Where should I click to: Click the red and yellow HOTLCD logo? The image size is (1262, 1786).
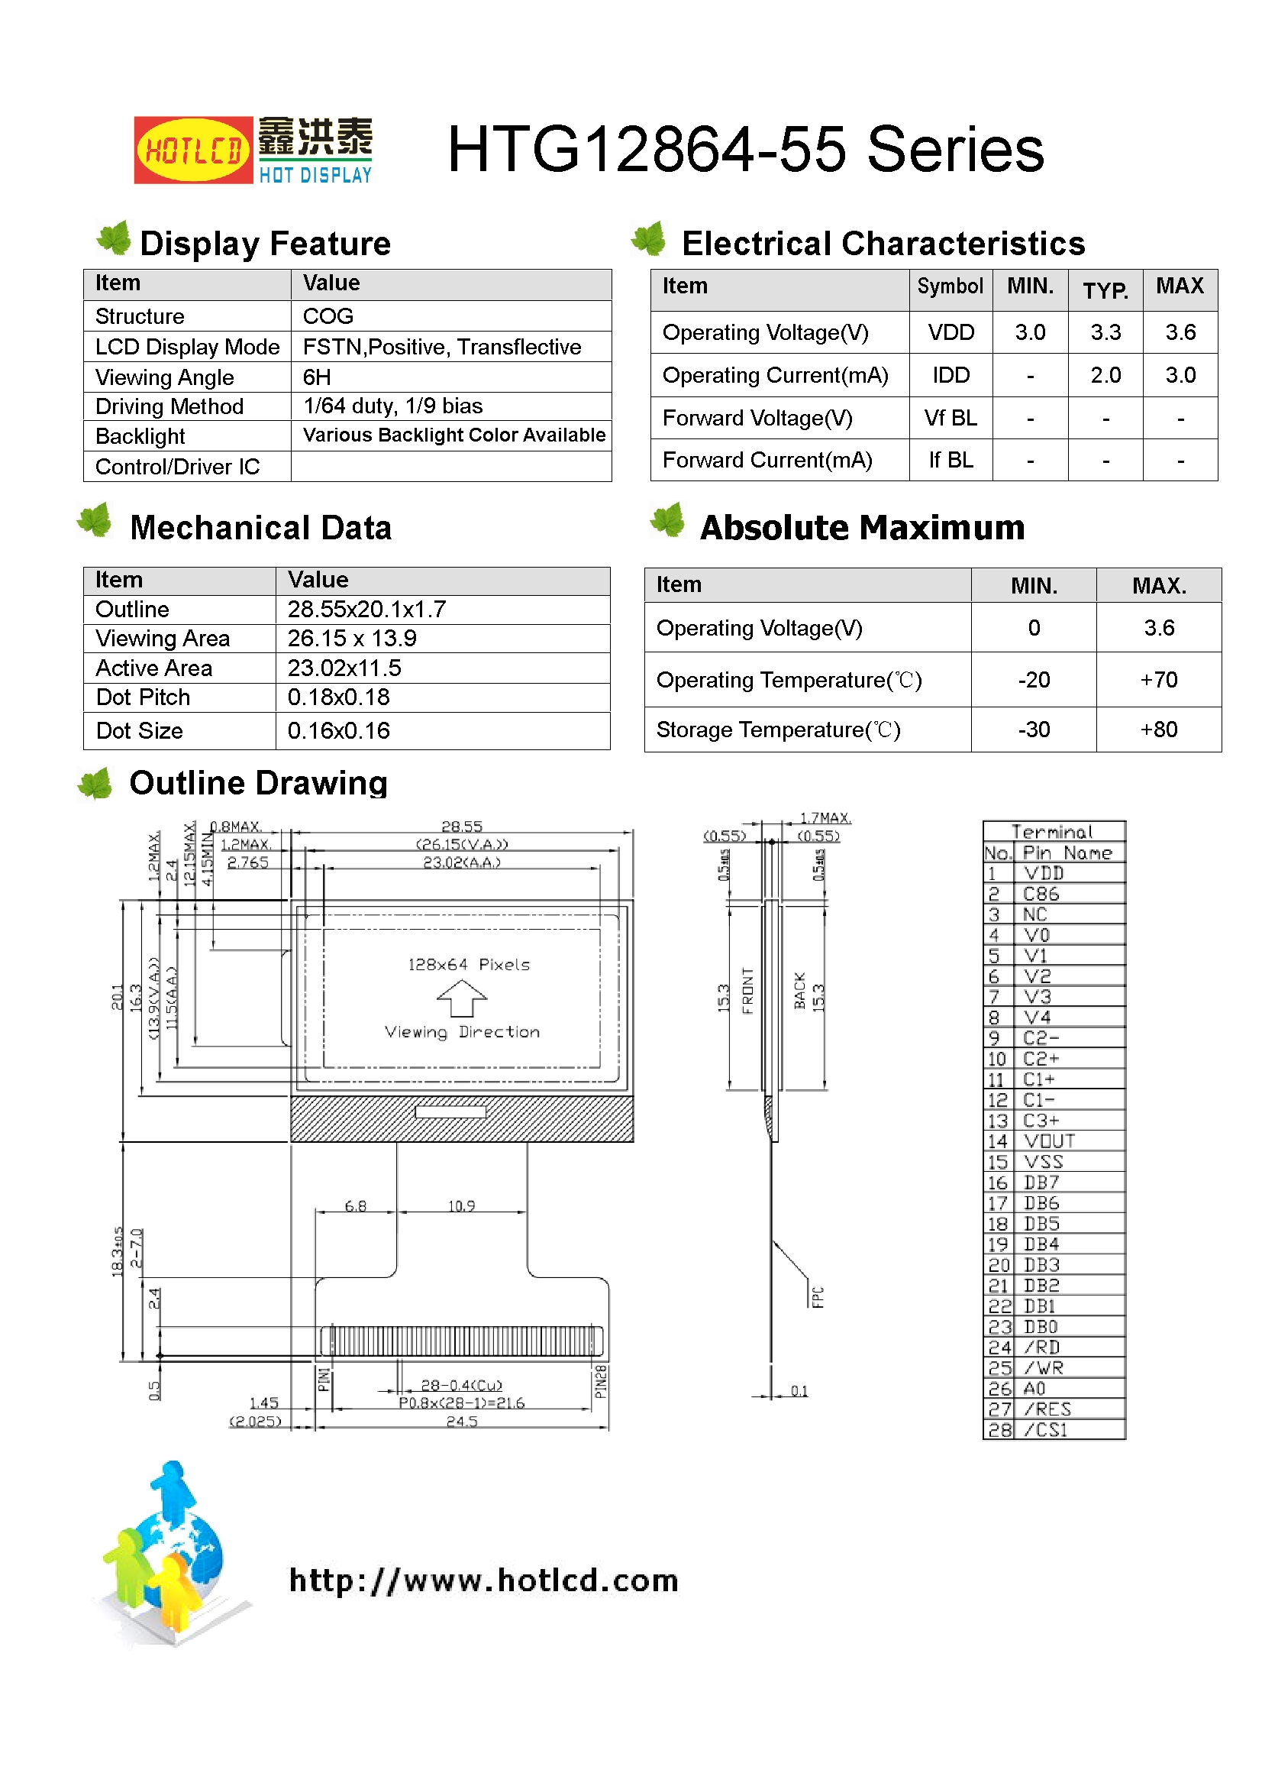coord(193,150)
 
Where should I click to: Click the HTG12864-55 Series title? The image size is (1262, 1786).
coord(745,150)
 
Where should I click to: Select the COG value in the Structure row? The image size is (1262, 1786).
coord(328,315)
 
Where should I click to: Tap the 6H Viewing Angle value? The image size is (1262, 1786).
coord(317,377)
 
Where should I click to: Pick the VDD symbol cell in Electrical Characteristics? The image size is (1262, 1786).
coord(951,333)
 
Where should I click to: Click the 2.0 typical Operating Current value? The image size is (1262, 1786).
coord(1105,376)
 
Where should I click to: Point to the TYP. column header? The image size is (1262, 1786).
coord(1105,290)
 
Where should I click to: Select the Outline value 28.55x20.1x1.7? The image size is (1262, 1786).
coord(366,609)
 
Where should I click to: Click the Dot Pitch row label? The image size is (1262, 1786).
coord(143,697)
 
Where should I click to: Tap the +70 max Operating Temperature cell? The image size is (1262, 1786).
coord(1158,680)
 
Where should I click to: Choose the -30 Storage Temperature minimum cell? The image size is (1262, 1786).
coord(1034,730)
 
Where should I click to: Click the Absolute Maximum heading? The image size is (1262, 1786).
coord(861,528)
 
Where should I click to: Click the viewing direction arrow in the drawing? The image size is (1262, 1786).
coord(462,998)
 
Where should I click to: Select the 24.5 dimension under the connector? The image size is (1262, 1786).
coord(462,1421)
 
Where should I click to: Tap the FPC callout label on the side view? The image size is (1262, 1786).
coord(817,1296)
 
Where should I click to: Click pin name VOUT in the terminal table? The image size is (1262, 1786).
coord(1049,1141)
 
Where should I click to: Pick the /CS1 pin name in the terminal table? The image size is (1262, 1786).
coord(1046,1430)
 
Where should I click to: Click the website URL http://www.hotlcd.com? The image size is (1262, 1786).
coord(483,1581)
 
